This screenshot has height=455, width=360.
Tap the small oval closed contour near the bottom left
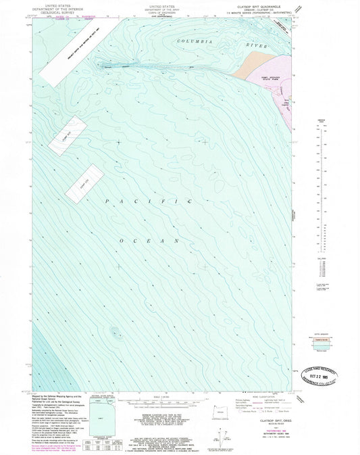[114, 332]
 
